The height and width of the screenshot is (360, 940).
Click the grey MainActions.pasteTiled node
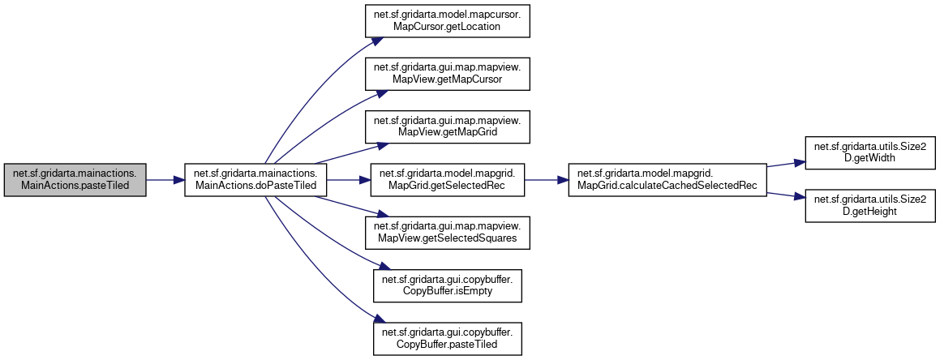click(x=75, y=179)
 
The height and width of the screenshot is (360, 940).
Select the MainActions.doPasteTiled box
click(x=256, y=179)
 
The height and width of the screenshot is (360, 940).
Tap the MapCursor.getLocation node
click(x=447, y=20)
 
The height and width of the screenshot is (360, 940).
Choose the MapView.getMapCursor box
click(x=447, y=73)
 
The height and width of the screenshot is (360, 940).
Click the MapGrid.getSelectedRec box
click(x=447, y=179)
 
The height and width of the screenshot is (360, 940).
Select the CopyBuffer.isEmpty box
click(x=447, y=285)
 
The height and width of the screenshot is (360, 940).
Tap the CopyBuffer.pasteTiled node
click(x=447, y=337)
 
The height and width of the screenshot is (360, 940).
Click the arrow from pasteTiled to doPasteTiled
click(x=165, y=179)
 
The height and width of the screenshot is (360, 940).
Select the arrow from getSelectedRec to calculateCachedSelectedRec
click(x=547, y=179)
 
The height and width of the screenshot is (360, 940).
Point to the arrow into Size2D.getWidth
click(x=785, y=163)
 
